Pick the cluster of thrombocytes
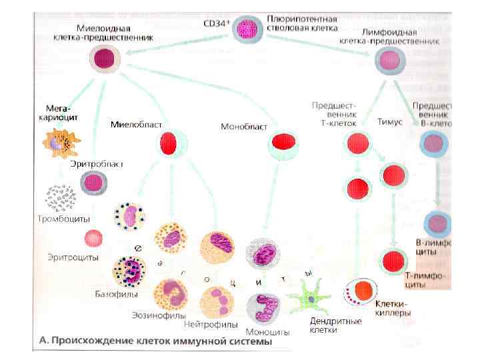[60, 197]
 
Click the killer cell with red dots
[363, 291]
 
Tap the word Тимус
[391, 123]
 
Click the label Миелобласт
[133, 124]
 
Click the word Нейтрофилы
[211, 325]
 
